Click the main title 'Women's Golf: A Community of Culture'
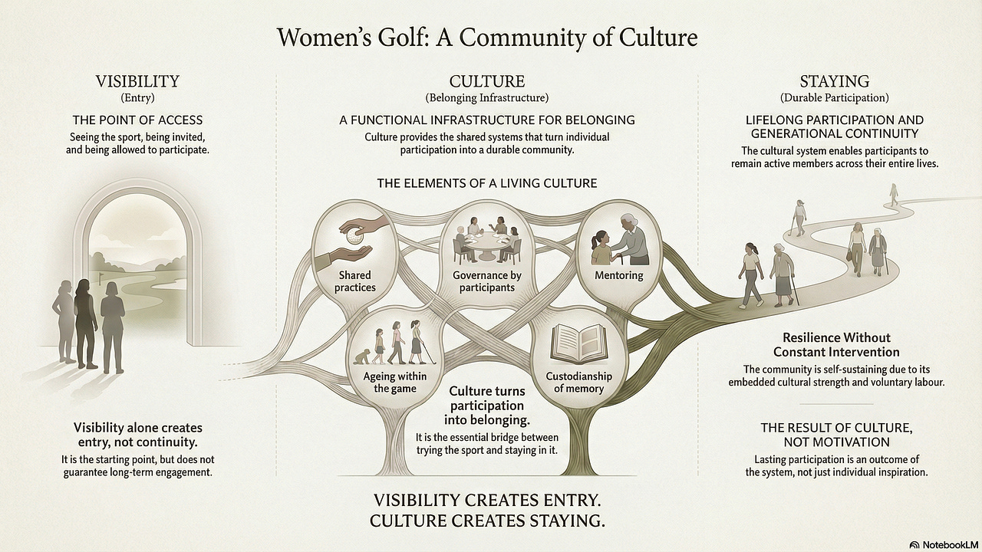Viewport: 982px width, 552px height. (487, 38)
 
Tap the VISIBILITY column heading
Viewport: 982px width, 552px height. (137, 81)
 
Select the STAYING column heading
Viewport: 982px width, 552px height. (834, 81)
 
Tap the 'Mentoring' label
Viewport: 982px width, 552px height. (618, 274)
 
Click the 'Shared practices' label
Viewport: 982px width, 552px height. (354, 281)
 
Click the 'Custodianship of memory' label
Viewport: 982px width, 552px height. (578, 382)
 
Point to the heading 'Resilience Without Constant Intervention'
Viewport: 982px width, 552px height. (836, 344)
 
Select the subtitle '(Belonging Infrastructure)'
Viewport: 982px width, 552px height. (487, 98)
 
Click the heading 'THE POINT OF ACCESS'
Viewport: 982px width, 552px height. (137, 120)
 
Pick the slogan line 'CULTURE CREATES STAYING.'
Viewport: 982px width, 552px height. (487, 521)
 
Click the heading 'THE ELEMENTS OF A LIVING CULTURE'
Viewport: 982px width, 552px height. (486, 184)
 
